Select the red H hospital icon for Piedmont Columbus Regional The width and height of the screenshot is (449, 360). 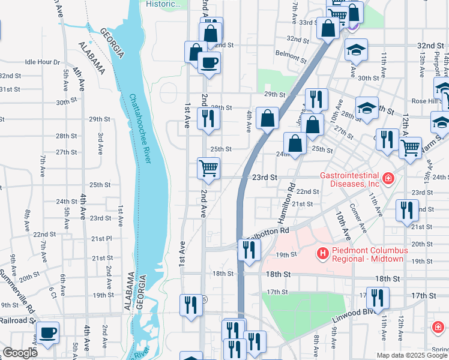[x=324, y=254]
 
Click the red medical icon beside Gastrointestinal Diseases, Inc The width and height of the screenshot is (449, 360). [x=388, y=179]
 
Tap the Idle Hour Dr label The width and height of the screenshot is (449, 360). [x=43, y=62]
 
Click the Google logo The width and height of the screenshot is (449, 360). [x=20, y=353]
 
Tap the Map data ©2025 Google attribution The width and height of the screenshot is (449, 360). [x=411, y=355]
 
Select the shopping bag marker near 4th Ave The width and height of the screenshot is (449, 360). [x=267, y=118]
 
